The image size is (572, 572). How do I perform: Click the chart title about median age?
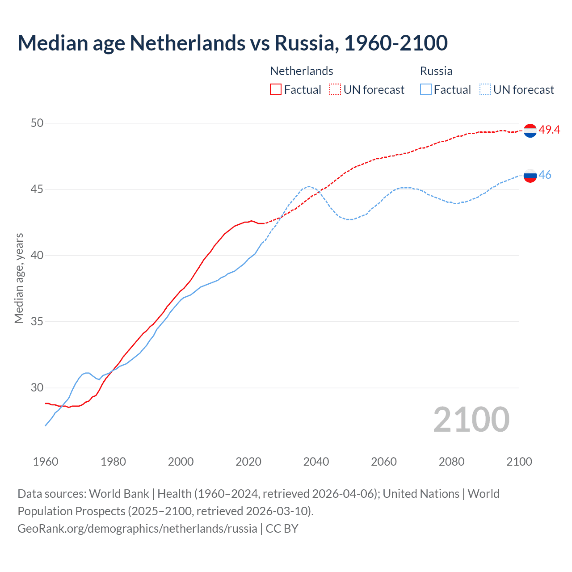232,43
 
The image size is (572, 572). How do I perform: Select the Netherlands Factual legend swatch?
276,90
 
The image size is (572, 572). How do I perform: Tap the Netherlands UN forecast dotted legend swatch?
335,90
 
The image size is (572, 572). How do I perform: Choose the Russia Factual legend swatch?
425,90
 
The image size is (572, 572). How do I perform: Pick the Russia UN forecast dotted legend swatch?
485,90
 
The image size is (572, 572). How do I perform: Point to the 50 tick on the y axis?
37,123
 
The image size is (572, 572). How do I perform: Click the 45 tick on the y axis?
37,189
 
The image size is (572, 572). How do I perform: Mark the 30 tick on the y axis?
37,387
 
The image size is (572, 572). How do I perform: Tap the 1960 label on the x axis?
46,462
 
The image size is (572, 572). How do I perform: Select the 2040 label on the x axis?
316,462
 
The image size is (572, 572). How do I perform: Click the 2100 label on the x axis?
519,462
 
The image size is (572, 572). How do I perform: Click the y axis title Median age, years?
19,278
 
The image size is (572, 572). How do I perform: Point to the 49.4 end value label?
549,130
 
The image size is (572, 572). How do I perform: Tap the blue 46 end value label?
545,175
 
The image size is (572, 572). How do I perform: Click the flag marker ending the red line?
530,130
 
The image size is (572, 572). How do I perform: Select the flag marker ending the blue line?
530,176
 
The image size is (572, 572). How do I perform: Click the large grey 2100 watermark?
471,420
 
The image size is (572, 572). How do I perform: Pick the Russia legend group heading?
436,71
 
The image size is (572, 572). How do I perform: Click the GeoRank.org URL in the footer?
137,529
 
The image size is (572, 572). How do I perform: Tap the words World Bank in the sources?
119,494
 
